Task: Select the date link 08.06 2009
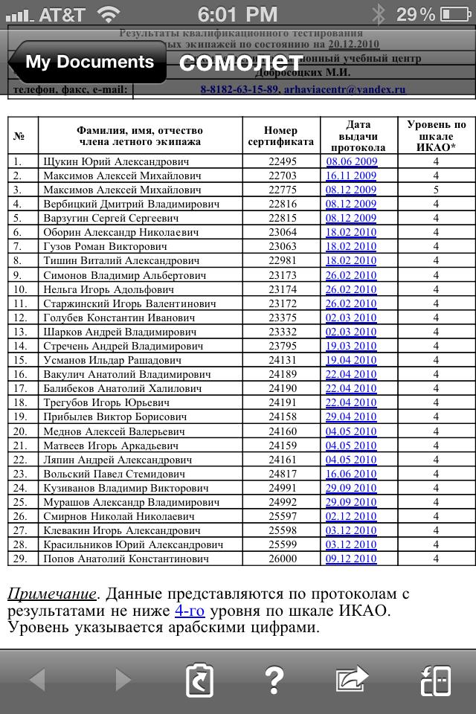click(x=351, y=161)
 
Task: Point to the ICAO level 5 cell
click(x=436, y=190)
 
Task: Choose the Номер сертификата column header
click(x=281, y=136)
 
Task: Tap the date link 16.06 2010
click(x=351, y=474)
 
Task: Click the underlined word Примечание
click(x=52, y=594)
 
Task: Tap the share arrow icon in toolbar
click(x=352, y=679)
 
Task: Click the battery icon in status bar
click(x=455, y=14)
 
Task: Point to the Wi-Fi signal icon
click(x=109, y=14)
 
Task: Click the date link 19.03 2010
click(x=351, y=346)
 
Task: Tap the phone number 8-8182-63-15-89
click(x=239, y=89)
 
